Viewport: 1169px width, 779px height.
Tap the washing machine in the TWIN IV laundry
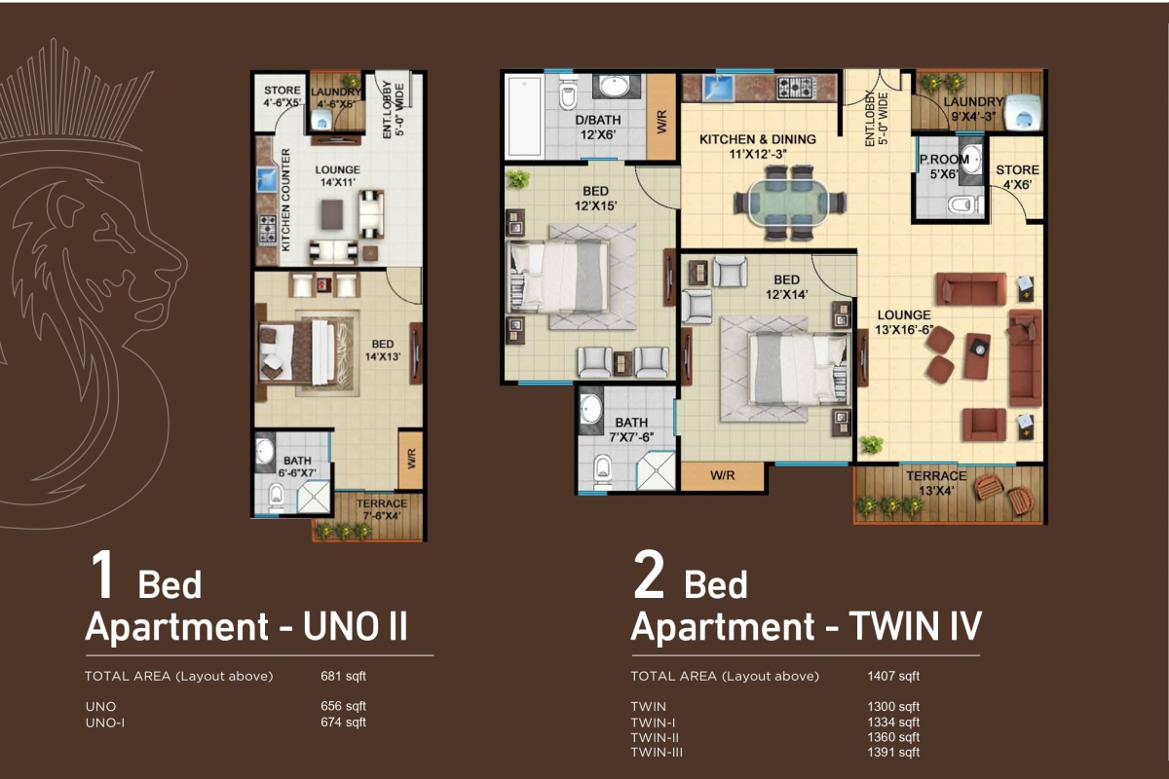click(x=1023, y=112)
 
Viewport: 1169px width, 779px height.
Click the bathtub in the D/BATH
click(x=524, y=116)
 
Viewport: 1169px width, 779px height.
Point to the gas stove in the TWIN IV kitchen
click(x=796, y=87)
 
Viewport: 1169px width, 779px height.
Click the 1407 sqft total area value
click(x=893, y=676)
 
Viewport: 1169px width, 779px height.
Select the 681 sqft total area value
click(x=343, y=676)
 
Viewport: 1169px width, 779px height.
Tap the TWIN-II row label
click(x=655, y=738)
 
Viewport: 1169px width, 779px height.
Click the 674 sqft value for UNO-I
click(x=343, y=723)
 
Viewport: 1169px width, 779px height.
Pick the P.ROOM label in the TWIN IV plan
click(x=944, y=160)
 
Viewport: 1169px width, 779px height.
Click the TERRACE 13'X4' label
click(x=936, y=483)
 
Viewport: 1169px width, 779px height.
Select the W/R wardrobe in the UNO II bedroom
click(x=411, y=460)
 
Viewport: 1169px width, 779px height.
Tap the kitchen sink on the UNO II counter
click(x=266, y=179)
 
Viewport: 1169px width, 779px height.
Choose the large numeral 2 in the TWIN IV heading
click(x=649, y=575)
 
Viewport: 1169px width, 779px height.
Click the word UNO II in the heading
click(x=355, y=627)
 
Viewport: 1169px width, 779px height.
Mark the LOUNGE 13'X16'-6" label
click(x=904, y=322)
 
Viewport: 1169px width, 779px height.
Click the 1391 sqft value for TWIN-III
click(x=893, y=753)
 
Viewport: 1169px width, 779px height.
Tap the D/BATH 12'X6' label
click(x=598, y=128)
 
